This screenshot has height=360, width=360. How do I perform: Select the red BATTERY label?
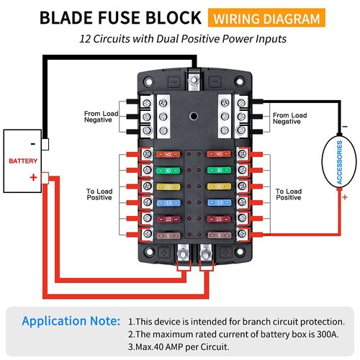coord(22,161)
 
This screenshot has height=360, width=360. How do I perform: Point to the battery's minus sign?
coord(32,143)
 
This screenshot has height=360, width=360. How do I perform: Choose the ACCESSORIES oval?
coord(339,163)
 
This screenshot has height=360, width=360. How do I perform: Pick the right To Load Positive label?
coord(290,196)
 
